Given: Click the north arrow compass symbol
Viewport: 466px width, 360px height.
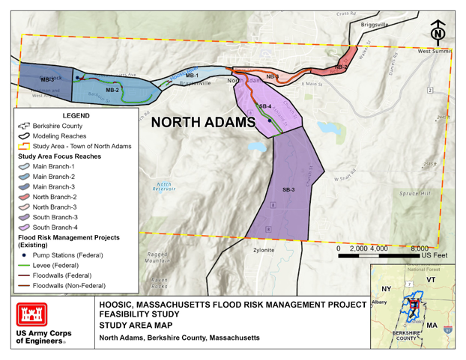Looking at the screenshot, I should pos(438,32).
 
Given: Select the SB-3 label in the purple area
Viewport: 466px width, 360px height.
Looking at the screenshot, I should pos(288,189).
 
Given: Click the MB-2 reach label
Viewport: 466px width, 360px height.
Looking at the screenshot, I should pos(112,90).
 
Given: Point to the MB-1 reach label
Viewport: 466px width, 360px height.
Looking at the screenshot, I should pos(192,76).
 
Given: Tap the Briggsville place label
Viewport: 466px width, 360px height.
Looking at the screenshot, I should pos(375,24).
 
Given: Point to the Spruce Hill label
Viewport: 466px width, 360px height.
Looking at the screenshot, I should pos(416,193).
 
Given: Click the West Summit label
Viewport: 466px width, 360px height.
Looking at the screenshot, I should pos(435,51).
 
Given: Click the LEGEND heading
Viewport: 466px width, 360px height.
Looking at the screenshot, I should pos(76,116).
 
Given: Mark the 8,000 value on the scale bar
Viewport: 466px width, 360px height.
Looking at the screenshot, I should pos(423,248).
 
